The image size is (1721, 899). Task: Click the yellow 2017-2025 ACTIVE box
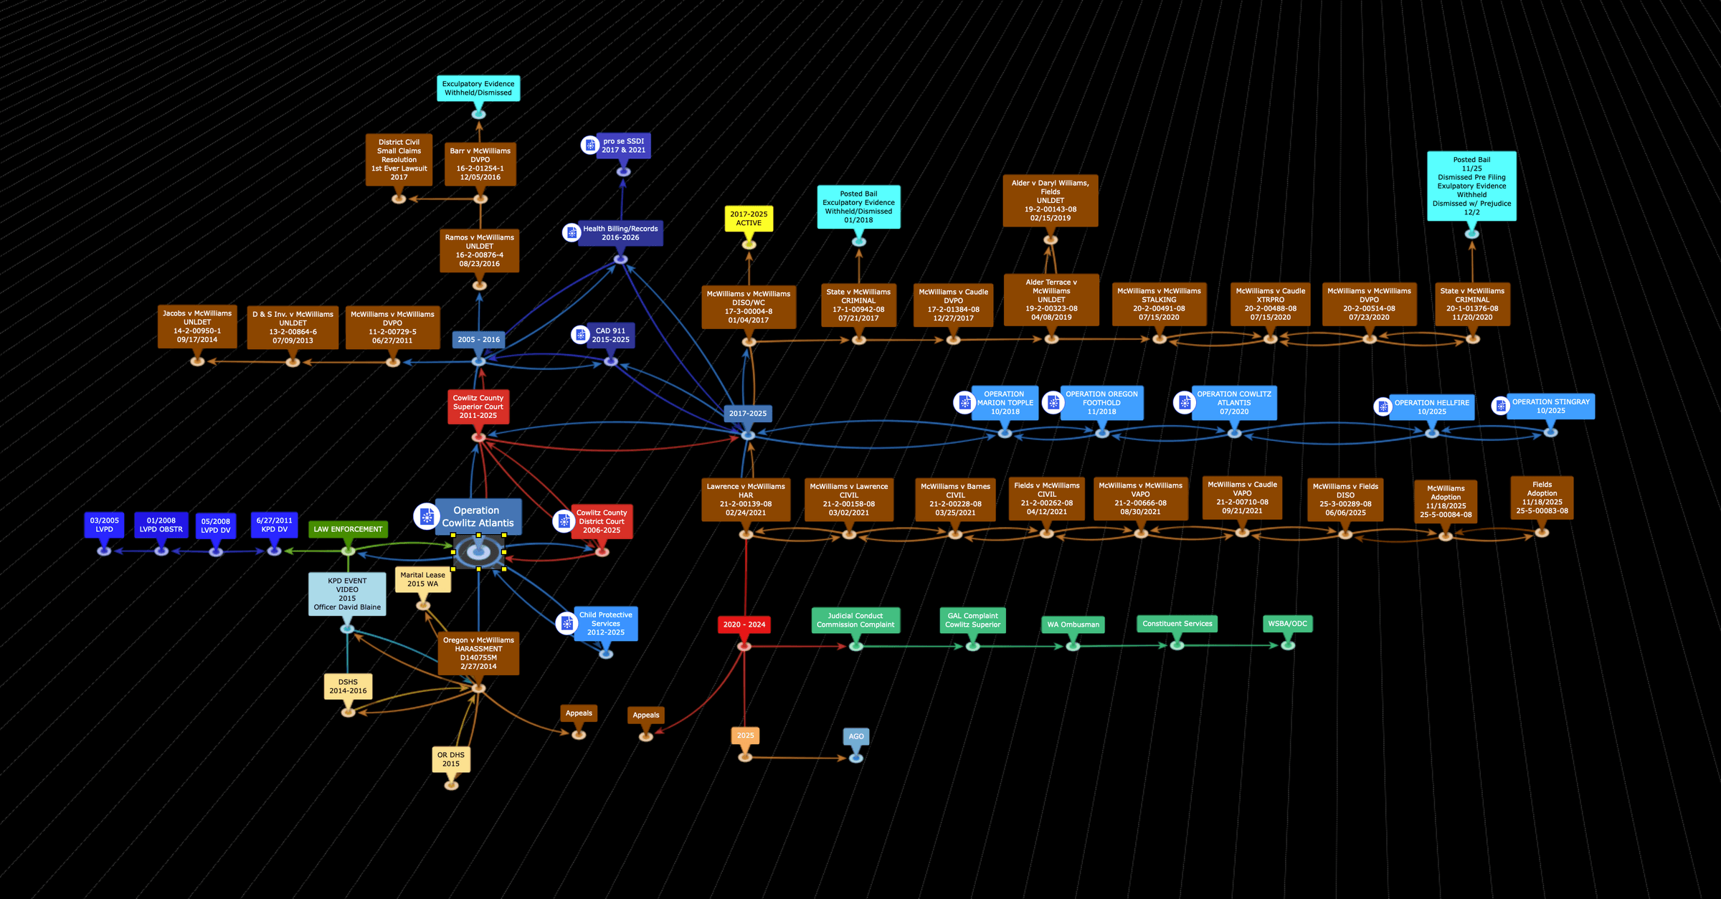[749, 219]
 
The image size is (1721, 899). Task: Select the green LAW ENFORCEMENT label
[348, 529]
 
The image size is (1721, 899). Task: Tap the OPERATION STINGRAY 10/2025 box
[1550, 406]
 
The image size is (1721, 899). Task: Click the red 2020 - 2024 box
[744, 624]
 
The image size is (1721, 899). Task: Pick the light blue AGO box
[856, 736]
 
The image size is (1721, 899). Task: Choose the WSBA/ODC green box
[1287, 624]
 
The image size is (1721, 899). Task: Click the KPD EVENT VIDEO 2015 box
[347, 594]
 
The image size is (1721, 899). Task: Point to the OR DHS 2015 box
[451, 759]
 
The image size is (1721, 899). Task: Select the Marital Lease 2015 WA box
[422, 579]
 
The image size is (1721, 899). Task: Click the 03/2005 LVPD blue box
[104, 525]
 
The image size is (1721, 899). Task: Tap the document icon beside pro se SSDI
[589, 146]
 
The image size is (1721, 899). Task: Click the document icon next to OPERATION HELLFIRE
[1383, 406]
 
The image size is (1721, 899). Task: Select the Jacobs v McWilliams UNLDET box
[197, 326]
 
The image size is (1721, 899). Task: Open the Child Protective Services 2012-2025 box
[605, 624]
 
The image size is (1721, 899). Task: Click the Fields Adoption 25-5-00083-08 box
[1542, 498]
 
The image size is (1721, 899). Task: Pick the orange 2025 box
[745, 736]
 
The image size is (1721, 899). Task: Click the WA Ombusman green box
[1073, 624]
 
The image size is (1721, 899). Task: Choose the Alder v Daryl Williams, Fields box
[1050, 201]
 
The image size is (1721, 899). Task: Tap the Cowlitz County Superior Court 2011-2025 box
[478, 406]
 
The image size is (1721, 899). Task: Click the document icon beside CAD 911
[581, 335]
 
